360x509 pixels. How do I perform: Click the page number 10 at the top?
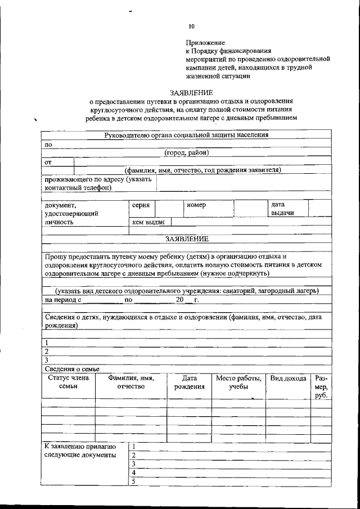(x=192, y=26)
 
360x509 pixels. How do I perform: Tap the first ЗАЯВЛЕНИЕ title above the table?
(x=191, y=92)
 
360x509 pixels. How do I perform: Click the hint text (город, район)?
(x=187, y=152)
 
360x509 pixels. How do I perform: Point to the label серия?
(x=140, y=206)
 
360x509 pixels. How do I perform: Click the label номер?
(x=196, y=206)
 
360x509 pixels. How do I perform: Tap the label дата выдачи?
(x=282, y=209)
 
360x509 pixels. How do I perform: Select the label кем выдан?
(x=148, y=222)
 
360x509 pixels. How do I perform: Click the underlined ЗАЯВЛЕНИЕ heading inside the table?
(x=187, y=238)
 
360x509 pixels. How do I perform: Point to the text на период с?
(x=63, y=300)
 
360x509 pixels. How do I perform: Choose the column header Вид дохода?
(x=287, y=379)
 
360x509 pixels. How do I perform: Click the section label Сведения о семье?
(x=71, y=368)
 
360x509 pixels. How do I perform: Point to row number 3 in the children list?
(x=47, y=360)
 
